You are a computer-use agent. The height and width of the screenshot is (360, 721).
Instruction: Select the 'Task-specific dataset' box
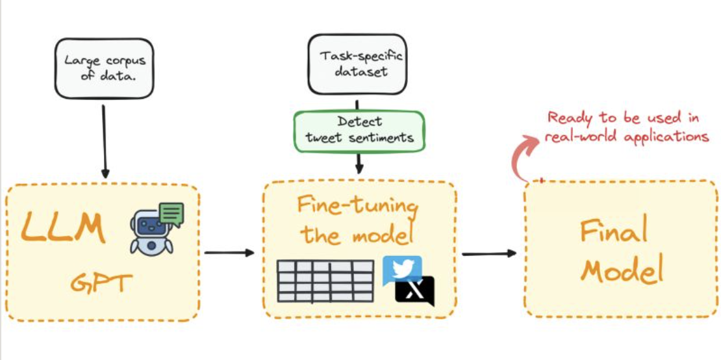tap(357, 64)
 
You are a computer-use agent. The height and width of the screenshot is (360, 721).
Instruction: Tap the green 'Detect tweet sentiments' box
tap(359, 131)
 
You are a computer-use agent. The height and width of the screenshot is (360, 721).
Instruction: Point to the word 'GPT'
tap(101, 283)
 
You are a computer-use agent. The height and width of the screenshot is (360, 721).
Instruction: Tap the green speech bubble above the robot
tap(171, 213)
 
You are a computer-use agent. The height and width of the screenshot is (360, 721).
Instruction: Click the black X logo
tap(415, 291)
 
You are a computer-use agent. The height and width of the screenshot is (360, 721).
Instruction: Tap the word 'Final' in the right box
tap(614, 231)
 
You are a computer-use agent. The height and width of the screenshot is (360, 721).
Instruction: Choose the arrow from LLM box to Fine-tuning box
tap(229, 252)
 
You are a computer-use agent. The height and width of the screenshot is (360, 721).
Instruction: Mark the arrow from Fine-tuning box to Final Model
tap(489, 253)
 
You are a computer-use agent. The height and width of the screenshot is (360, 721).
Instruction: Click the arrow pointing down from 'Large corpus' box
tap(105, 140)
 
